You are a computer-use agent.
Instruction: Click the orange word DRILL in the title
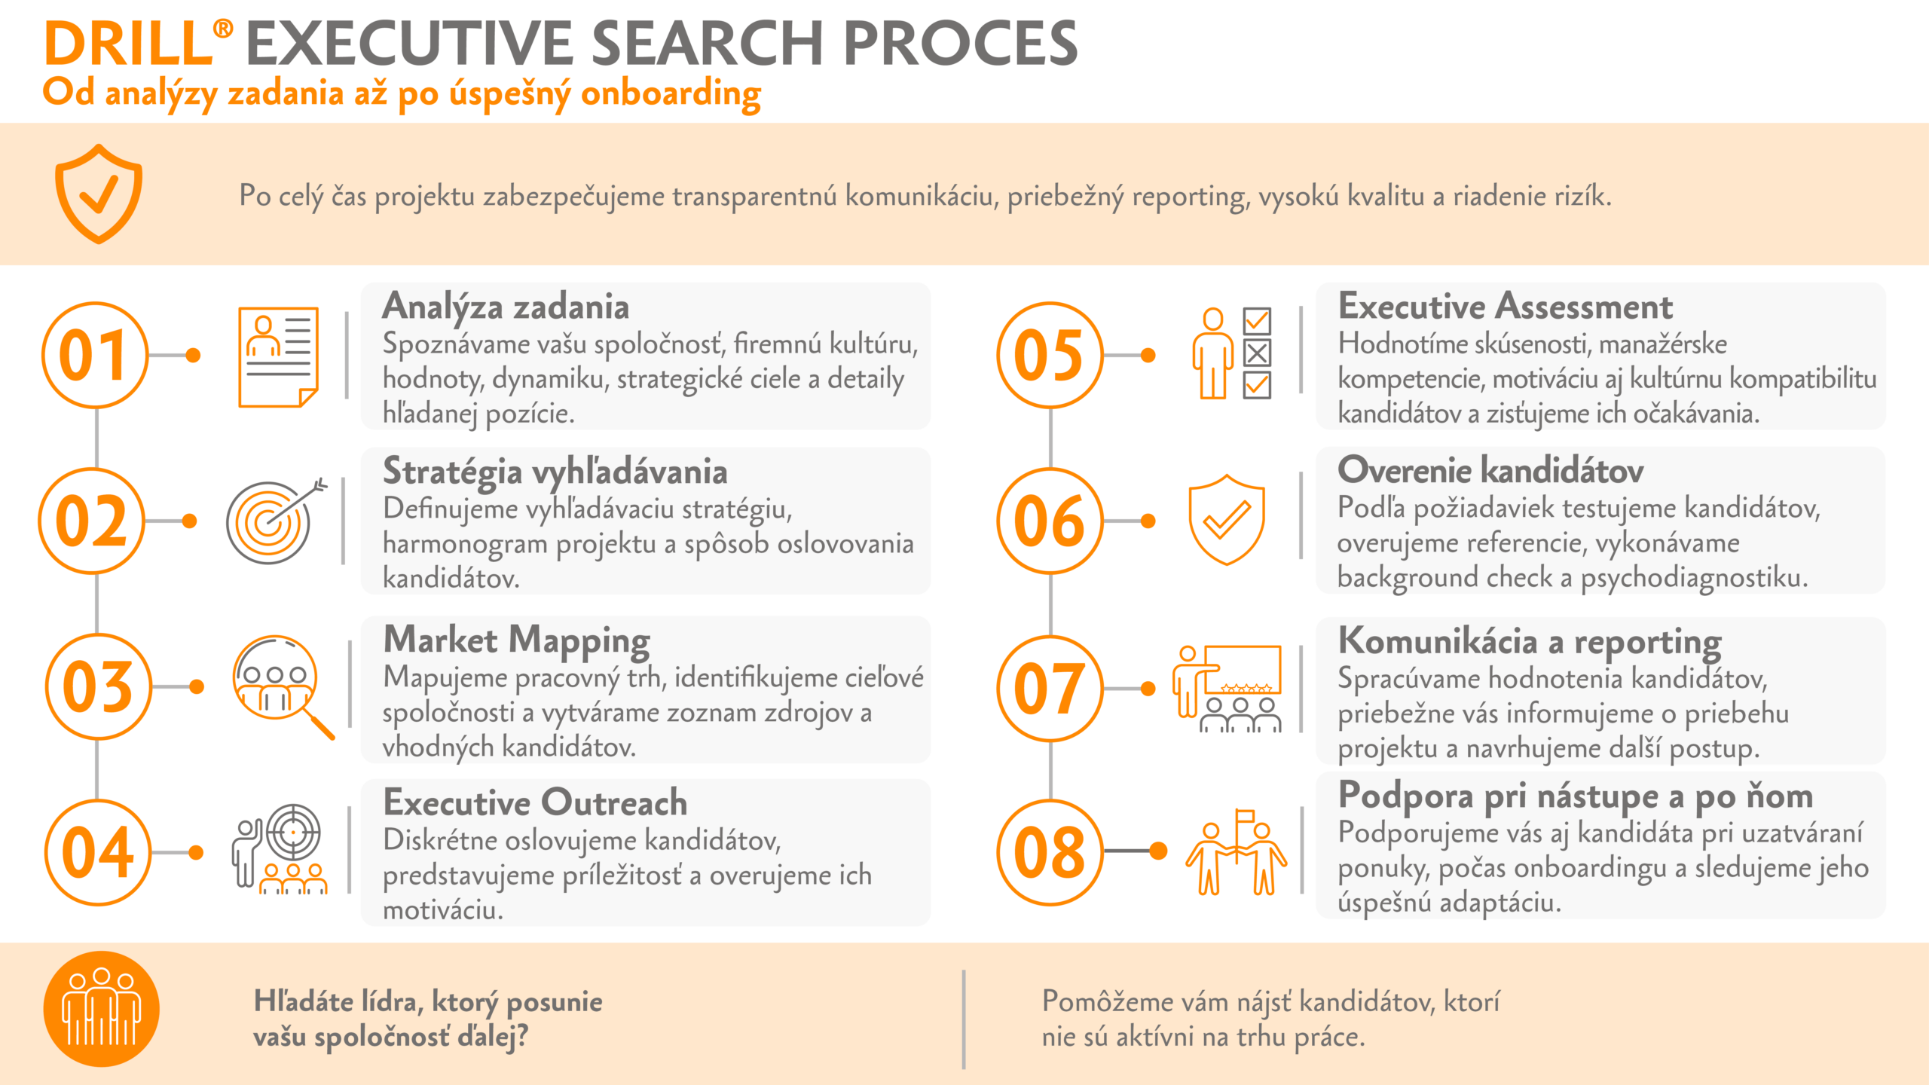point(129,43)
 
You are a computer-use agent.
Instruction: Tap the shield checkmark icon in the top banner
point(98,194)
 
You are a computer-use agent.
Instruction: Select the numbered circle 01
point(95,355)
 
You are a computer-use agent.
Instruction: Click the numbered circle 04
point(97,852)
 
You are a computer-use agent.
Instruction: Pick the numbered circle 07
point(1050,688)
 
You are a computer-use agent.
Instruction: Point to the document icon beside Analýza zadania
point(278,356)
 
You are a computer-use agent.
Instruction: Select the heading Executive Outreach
point(535,802)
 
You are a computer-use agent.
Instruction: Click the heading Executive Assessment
point(1505,306)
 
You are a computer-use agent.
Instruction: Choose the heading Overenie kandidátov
point(1490,470)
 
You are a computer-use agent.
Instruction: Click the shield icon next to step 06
point(1226,520)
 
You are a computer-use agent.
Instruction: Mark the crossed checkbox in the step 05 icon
point(1257,353)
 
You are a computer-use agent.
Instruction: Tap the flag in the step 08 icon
point(1245,817)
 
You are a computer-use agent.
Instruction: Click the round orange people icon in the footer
point(102,1009)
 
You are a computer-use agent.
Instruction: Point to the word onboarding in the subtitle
point(671,93)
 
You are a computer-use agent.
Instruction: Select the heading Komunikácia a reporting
point(1530,641)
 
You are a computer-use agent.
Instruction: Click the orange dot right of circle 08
point(1158,851)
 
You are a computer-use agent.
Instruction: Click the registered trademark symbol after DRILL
point(223,29)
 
